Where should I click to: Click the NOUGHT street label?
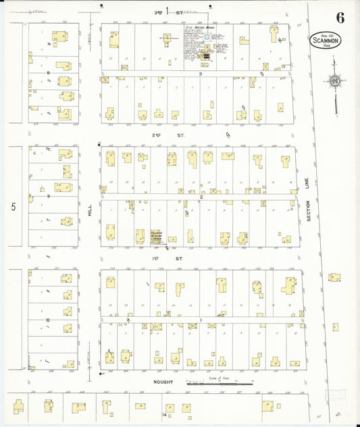[162, 382]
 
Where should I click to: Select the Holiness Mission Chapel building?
[140, 236]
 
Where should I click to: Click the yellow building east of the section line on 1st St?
[334, 277]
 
